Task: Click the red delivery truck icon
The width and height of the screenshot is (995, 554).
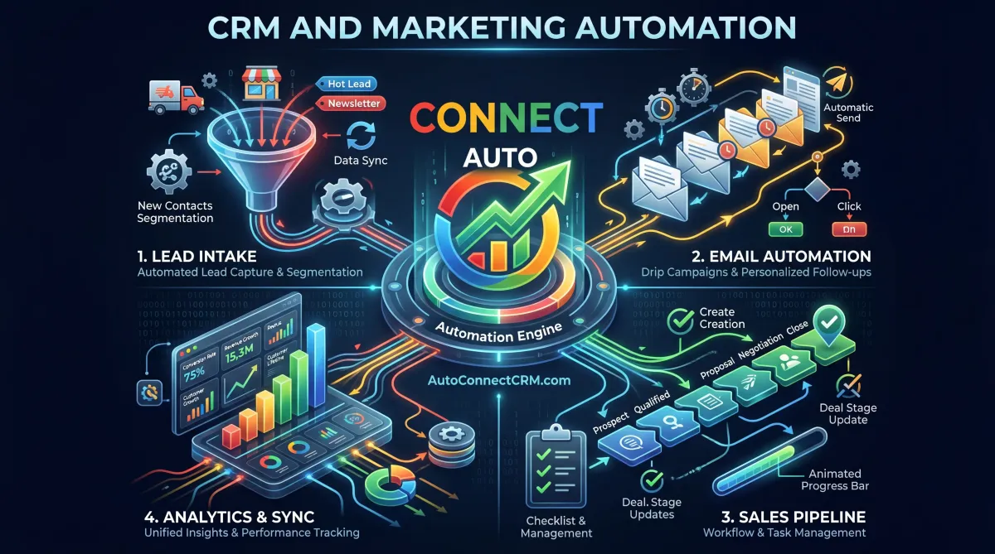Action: tap(175, 95)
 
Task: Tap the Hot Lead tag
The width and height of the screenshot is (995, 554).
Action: tap(349, 84)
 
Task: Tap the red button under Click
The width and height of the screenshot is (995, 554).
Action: tap(848, 229)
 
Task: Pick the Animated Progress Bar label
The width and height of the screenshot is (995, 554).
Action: tap(835, 479)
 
